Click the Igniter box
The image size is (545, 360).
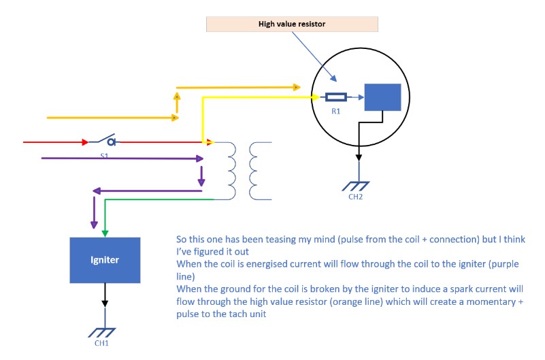(x=105, y=260)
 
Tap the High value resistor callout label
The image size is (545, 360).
(x=292, y=24)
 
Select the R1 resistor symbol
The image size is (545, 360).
(x=336, y=97)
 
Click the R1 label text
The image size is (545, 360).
(x=336, y=112)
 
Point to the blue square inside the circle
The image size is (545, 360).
(x=382, y=97)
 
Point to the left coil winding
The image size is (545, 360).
(x=231, y=170)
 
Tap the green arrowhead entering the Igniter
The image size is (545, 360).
(x=105, y=233)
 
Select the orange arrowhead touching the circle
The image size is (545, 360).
(x=297, y=87)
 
